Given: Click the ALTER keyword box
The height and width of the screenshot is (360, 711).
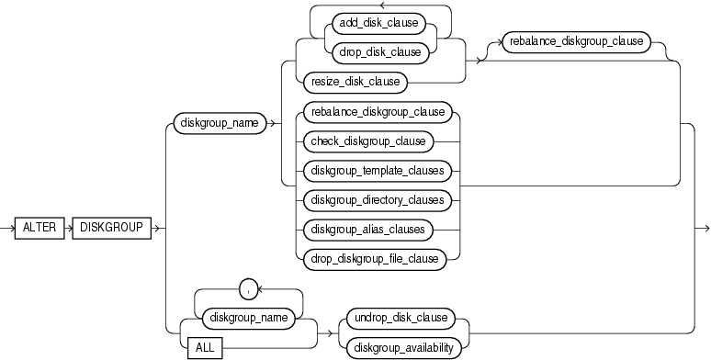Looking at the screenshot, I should [39, 229].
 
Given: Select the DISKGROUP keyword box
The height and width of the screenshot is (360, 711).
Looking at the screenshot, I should [110, 229].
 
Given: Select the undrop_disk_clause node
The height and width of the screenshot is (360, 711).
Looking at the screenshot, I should [400, 318].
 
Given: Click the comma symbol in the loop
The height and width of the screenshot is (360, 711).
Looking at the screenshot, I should [246, 289].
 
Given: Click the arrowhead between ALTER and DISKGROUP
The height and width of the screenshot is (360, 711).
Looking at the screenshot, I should [68, 229].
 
